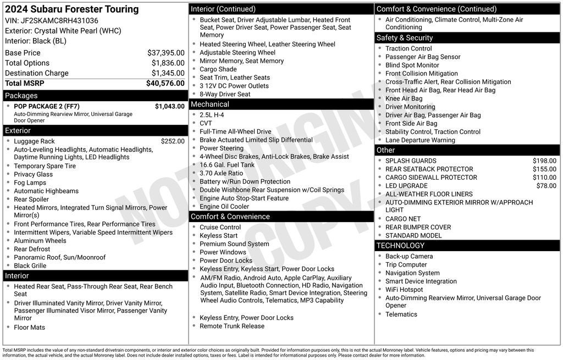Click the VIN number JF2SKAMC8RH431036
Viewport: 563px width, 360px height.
[x=59, y=21]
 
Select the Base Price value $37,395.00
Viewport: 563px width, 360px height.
[x=165, y=53]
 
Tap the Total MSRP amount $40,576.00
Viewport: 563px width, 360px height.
[x=165, y=84]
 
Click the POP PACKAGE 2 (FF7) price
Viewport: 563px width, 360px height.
[x=169, y=106]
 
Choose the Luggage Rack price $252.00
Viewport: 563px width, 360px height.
[x=173, y=141]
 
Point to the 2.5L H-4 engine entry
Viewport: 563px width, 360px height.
[x=212, y=115]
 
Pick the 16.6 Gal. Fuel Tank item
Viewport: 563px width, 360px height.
[x=227, y=165]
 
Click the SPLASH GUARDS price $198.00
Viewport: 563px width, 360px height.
[x=544, y=161]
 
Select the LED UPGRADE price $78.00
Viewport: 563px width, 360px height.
[x=546, y=186]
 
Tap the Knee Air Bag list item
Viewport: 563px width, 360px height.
[x=404, y=98]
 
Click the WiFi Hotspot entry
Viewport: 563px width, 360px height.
[x=404, y=290]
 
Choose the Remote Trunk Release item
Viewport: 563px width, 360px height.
[x=231, y=326]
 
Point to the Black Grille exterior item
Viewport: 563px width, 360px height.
[x=30, y=265]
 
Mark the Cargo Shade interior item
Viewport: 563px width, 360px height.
[x=218, y=69]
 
